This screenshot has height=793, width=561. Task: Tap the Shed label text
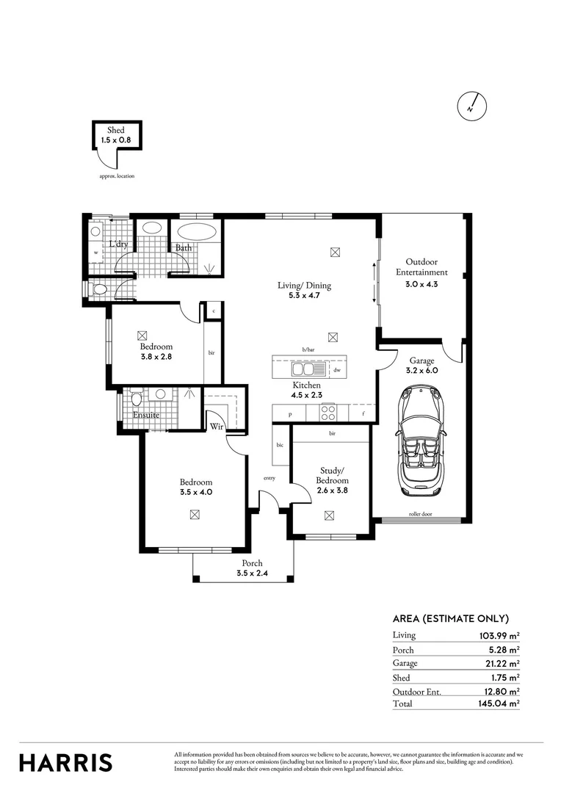[x=116, y=130]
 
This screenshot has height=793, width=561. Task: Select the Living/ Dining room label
[x=304, y=286]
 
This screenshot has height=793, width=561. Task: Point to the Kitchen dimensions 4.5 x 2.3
[x=306, y=394]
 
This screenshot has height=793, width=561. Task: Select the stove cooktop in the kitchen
[x=328, y=413]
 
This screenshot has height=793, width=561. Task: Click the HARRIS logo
[x=66, y=761]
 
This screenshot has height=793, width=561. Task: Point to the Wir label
[x=217, y=426]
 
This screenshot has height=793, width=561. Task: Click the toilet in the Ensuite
[x=135, y=401]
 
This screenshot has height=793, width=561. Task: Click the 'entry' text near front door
[x=269, y=478]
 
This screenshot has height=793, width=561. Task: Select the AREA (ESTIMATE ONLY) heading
[x=451, y=618]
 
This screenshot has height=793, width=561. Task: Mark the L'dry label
[x=119, y=245]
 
